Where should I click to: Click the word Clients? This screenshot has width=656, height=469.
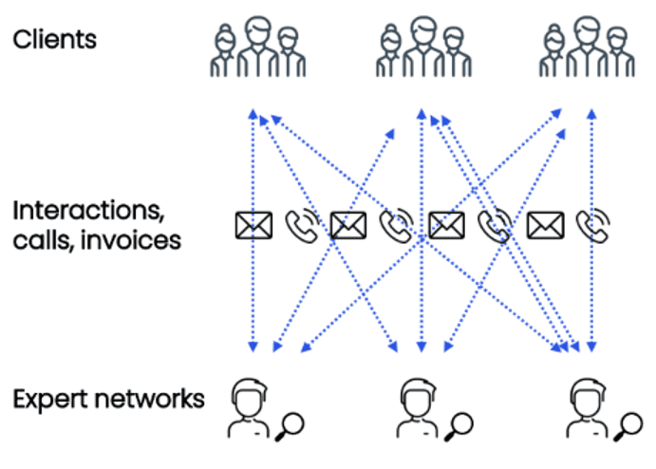point(54,40)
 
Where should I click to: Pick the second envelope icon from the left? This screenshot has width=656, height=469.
point(349,225)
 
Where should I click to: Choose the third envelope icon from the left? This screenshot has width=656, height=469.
point(446,225)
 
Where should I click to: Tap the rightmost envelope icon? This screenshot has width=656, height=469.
point(545,225)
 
